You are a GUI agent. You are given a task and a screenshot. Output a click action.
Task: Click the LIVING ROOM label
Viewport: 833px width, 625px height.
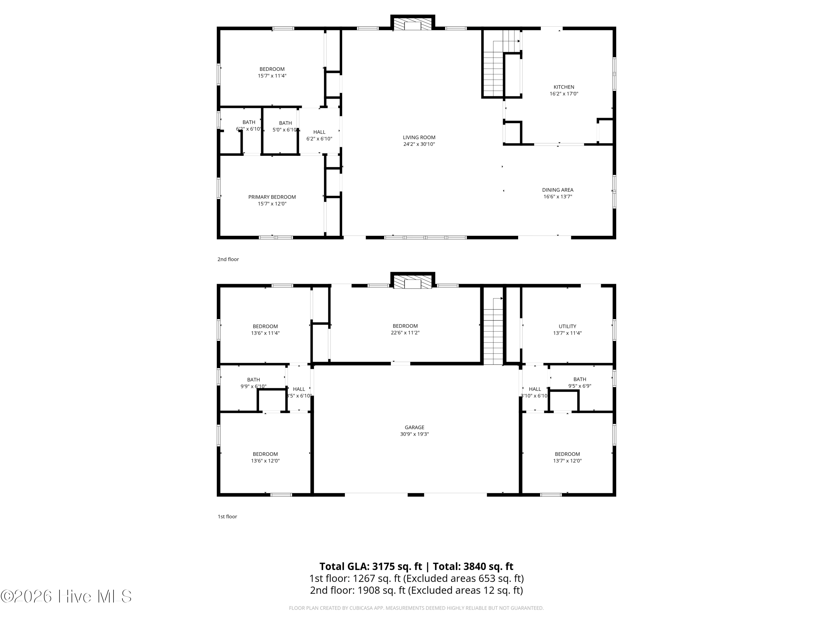click(419, 137)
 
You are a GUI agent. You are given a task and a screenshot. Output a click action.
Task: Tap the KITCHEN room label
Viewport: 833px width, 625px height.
click(563, 87)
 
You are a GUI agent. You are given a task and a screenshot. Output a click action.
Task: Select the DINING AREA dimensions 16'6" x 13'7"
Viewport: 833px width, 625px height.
click(557, 197)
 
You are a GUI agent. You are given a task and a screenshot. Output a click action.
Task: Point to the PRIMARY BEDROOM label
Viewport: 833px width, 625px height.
click(272, 197)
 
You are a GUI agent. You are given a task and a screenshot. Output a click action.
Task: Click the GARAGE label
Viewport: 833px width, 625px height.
click(414, 427)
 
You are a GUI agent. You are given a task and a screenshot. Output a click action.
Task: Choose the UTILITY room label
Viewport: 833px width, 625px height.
click(567, 326)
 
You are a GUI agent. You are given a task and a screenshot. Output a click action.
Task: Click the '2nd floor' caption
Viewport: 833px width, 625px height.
click(228, 259)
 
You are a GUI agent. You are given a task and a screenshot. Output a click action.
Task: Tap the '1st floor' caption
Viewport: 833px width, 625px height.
click(227, 516)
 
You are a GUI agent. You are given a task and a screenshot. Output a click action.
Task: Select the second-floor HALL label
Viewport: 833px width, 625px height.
click(319, 132)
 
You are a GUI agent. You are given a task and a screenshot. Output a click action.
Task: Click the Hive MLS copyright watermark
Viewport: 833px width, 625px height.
click(66, 596)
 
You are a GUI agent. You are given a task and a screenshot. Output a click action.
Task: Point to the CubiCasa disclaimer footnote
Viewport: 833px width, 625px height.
click(416, 608)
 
